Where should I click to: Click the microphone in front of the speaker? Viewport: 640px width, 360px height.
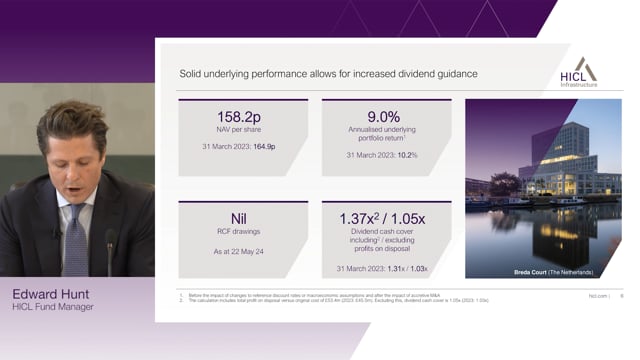point(109,250)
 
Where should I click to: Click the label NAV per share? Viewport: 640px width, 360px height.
point(242,131)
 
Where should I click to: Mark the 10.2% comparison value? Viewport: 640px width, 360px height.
point(407,155)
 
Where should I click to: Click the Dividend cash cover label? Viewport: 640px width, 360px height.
point(386,234)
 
